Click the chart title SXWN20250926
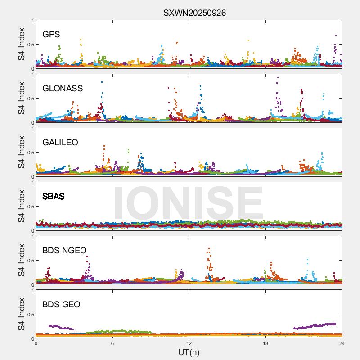(194, 13)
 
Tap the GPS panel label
(51, 35)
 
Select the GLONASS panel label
(63, 89)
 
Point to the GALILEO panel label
(60, 143)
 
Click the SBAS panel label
(53, 197)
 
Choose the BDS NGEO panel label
(64, 251)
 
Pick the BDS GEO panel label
(61, 305)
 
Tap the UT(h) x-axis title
(189, 352)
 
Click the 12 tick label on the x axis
(189, 343)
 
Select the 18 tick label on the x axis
(265, 343)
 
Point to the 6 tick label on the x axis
(112, 343)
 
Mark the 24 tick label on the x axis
(342, 343)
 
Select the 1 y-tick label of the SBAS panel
(32, 182)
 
